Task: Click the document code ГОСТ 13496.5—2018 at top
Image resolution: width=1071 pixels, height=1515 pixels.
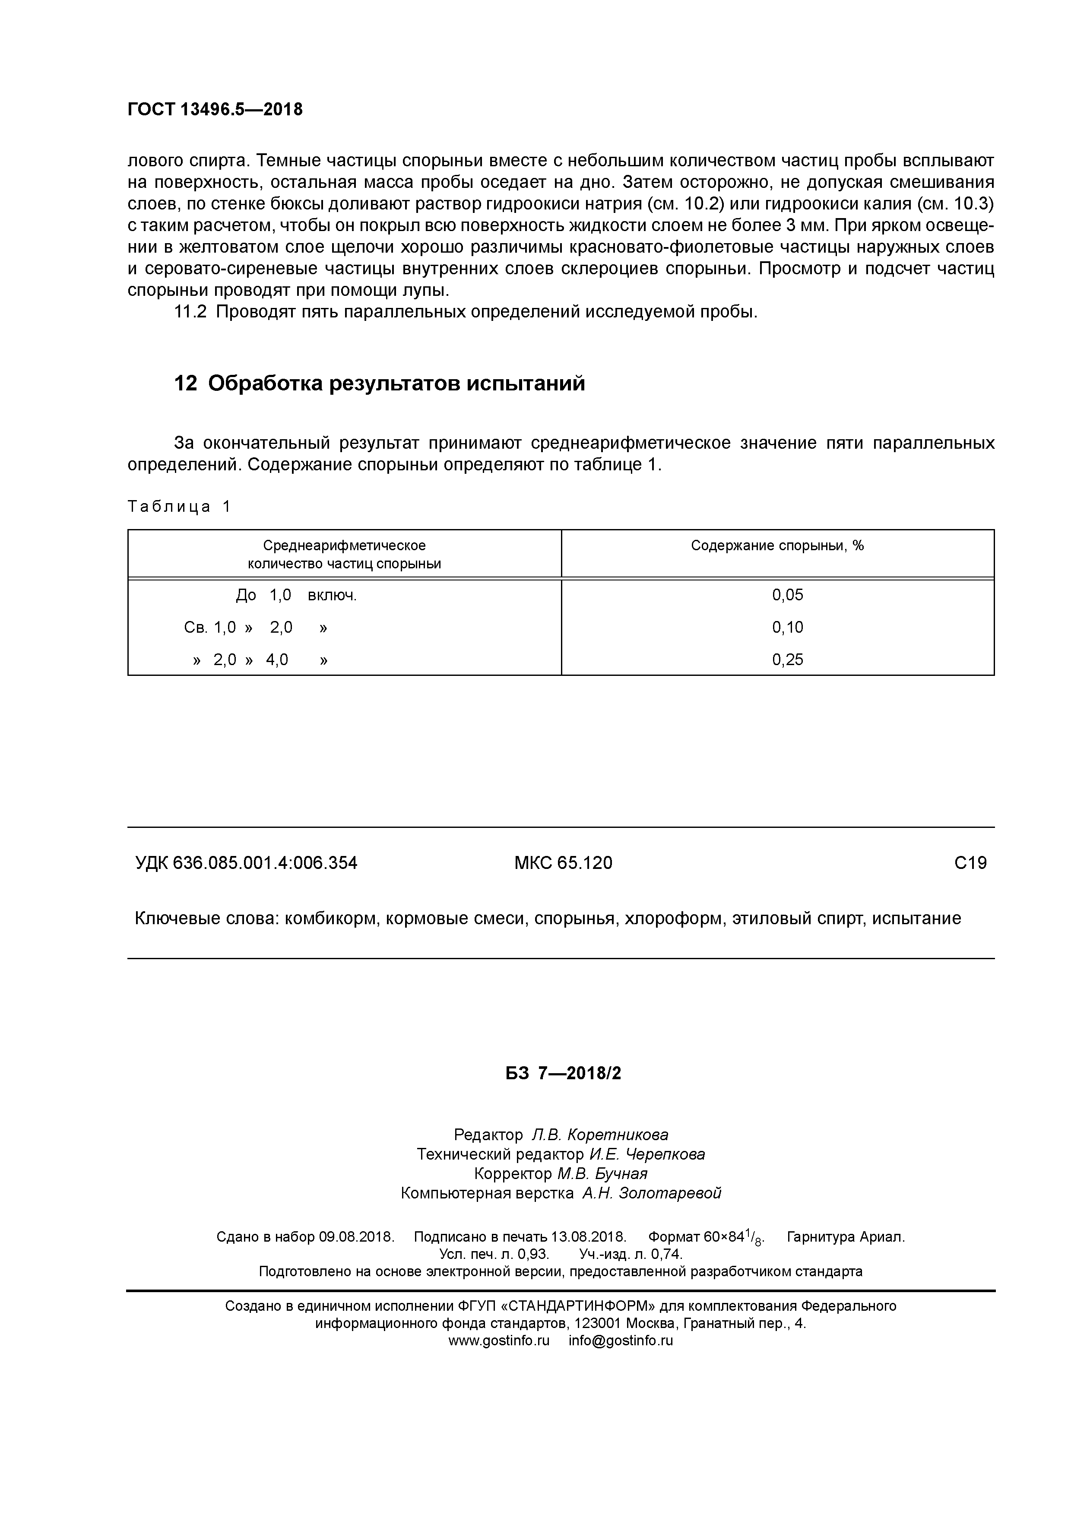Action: (215, 110)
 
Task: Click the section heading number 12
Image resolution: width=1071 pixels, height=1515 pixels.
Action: (185, 384)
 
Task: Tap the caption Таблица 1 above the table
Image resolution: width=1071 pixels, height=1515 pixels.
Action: (179, 507)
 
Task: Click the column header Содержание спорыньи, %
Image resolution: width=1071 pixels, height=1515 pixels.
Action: (777, 546)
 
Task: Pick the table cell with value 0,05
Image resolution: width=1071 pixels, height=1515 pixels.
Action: (787, 595)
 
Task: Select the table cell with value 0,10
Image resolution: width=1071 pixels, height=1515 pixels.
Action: (787, 628)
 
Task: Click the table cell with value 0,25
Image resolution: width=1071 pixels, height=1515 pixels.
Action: (787, 660)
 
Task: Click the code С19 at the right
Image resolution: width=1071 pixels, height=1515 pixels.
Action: (970, 863)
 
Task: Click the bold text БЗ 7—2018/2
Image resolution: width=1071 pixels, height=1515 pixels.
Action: (564, 1074)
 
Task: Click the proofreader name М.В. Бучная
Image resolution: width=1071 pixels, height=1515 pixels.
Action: (602, 1174)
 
